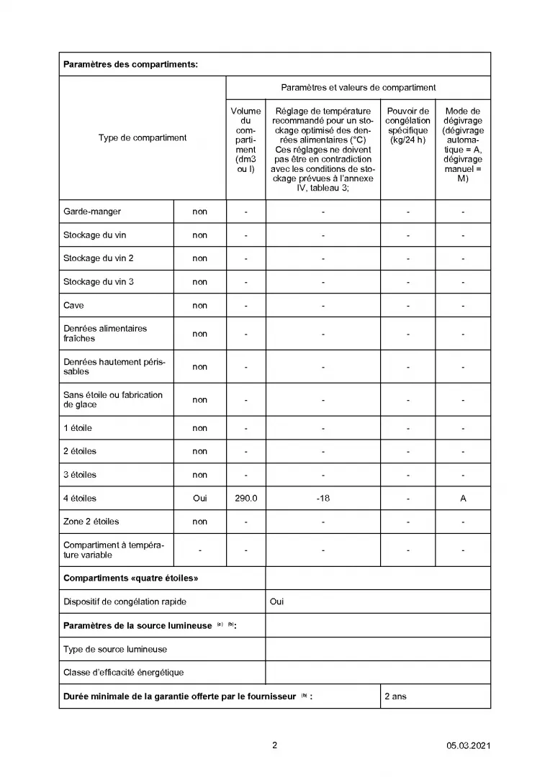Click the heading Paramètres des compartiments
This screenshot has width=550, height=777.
(130, 64)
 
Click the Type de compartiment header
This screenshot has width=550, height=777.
(143, 137)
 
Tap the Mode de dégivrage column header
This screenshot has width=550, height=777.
(463, 145)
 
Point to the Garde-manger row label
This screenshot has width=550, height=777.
(92, 212)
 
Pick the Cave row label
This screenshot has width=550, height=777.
(73, 305)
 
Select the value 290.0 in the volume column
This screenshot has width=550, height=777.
(246, 498)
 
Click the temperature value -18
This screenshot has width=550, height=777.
(323, 498)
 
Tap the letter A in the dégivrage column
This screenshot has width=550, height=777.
(463, 498)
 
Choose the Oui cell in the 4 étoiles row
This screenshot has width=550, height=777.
(199, 498)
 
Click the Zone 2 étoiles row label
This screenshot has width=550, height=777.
(91, 522)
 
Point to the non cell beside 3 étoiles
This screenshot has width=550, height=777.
(199, 475)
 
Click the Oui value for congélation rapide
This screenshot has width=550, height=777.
(276, 601)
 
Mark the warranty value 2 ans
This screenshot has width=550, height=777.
(395, 696)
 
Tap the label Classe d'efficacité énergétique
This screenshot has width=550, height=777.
(123, 672)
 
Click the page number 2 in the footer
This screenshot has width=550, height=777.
(274, 745)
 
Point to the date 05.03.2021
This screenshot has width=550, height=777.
(469, 746)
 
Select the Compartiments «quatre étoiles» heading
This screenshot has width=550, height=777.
(130, 578)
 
